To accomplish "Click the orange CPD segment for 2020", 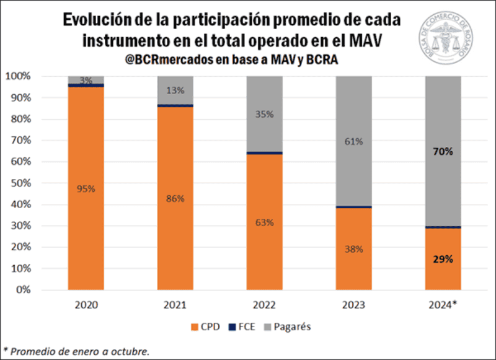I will [86, 217].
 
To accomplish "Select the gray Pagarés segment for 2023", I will [354, 112].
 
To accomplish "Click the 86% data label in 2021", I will [175, 200].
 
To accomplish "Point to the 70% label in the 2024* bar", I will [443, 151].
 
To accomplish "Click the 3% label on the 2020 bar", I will [86, 80].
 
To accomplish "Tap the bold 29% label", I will [443, 259].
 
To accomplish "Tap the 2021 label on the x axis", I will [175, 304].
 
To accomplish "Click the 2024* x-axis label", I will [443, 304].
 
